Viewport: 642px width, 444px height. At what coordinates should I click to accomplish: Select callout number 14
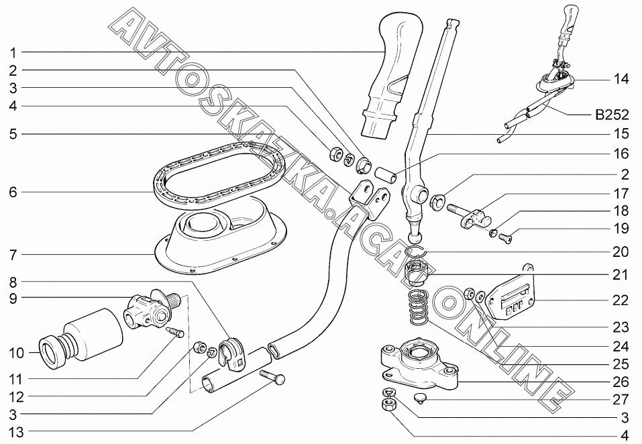(621, 79)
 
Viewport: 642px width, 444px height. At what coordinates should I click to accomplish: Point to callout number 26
(621, 382)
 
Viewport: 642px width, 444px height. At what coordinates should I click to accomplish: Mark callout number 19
(621, 229)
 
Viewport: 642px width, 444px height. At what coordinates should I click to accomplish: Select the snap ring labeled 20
(416, 254)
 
